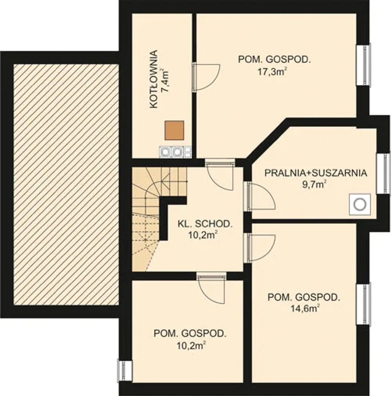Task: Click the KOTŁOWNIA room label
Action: (154, 79)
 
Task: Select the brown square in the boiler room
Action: (174, 130)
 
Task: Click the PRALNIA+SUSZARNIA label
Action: (316, 173)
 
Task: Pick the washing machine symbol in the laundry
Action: (360, 204)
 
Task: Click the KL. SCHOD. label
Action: (205, 224)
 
